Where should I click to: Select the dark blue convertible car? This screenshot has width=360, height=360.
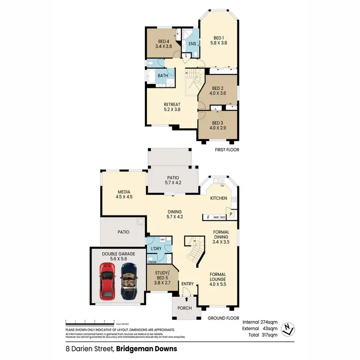(129, 280)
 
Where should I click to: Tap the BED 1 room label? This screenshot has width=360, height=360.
(218, 38)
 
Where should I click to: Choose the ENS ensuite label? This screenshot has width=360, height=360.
(192, 44)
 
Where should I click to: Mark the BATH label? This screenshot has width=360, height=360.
(163, 75)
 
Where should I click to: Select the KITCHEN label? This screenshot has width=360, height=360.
(218, 198)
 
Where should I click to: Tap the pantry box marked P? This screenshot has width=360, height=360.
(231, 214)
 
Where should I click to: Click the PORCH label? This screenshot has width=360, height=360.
(184, 308)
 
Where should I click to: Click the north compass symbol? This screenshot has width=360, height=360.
(288, 328)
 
